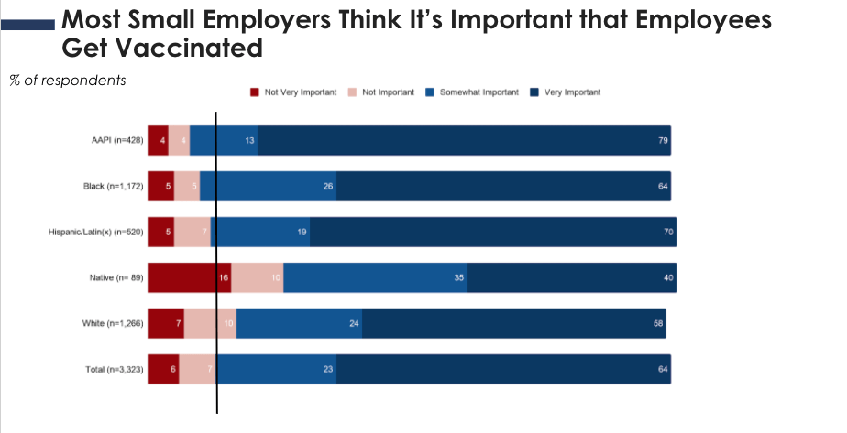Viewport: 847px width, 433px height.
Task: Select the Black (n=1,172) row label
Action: (x=109, y=187)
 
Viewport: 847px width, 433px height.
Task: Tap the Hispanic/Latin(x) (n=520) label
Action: (x=96, y=233)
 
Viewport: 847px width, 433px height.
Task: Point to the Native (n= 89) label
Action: (x=116, y=277)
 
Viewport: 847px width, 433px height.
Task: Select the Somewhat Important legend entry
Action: (x=471, y=92)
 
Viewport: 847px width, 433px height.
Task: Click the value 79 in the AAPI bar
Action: (x=662, y=141)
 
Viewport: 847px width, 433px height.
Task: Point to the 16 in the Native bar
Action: (x=224, y=277)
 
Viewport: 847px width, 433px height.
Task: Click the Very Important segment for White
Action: (x=513, y=323)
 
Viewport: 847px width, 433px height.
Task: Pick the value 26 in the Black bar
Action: (x=328, y=187)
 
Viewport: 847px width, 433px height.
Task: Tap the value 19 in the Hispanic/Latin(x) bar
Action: (x=302, y=233)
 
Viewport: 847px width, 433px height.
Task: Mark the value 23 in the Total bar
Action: (x=328, y=369)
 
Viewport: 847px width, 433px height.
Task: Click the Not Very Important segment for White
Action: (x=166, y=323)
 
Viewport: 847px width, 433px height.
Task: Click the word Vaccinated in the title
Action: (x=162, y=47)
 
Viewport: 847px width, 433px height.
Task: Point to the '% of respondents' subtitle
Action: (x=68, y=80)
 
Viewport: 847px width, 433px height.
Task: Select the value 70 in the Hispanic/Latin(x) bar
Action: (x=668, y=233)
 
